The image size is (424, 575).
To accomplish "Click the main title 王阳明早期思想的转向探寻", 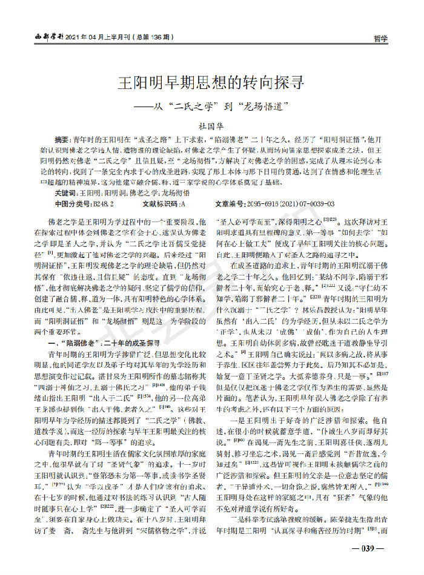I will (211, 82).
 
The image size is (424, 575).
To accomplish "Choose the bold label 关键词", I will (66, 192).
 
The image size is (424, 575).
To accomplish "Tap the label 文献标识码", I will (160, 204).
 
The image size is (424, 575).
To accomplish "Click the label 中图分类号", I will (70, 204).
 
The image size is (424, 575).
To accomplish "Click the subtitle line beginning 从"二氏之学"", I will (211, 105).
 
